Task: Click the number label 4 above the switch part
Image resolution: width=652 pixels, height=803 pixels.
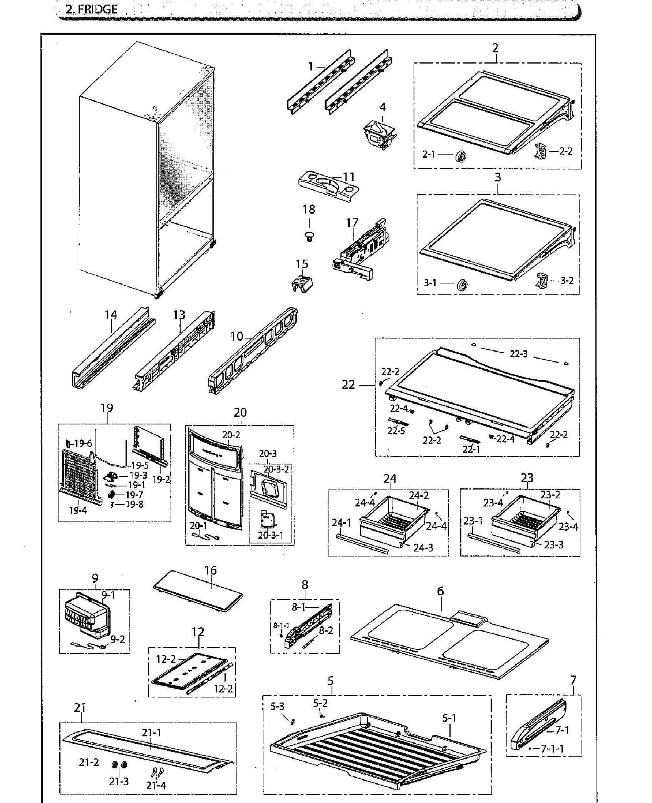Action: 382,107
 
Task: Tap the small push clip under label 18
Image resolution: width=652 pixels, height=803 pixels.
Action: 308,236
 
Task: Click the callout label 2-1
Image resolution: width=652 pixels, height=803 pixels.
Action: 428,154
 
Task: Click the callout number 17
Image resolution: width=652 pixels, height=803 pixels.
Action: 352,223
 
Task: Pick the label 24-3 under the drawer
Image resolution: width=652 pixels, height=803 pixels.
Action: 423,548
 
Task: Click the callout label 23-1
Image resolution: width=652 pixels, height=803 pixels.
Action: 473,521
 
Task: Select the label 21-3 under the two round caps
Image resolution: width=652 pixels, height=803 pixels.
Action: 119,781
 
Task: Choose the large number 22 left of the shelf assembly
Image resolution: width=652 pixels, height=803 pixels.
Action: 349,384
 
